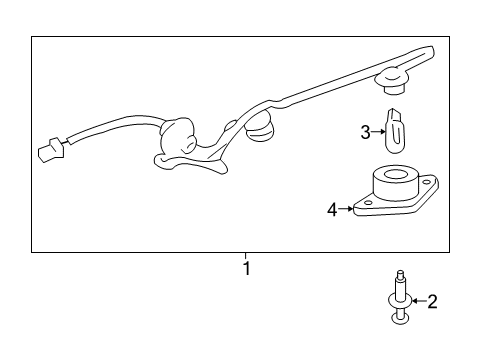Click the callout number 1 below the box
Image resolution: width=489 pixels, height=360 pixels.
coord(246,268)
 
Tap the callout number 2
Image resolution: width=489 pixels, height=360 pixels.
coord(432,300)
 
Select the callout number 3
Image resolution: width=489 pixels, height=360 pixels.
coord(366,130)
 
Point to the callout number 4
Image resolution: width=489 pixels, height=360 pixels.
coord(332,209)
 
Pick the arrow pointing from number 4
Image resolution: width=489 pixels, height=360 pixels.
coord(346,209)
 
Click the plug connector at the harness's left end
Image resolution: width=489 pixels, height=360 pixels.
coord(46,152)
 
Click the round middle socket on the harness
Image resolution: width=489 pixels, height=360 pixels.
coord(263,125)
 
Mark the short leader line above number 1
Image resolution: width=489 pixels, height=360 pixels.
coord(246,255)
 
